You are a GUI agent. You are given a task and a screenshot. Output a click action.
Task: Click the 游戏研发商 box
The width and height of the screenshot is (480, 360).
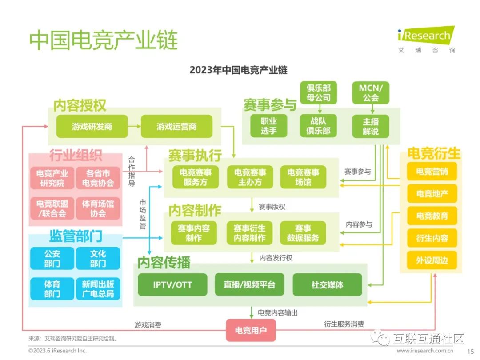tap(92, 127)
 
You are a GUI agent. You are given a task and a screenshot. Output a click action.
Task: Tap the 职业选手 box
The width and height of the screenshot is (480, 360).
tap(268, 126)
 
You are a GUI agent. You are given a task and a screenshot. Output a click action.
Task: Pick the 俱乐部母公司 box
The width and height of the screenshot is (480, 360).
tap(318, 92)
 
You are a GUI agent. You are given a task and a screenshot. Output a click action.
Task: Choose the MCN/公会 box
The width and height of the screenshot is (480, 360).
tap(370, 92)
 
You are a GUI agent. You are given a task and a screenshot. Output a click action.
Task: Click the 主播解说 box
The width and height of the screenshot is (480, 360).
tap(370, 126)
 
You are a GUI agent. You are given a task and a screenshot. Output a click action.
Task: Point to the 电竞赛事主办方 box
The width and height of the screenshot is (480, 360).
tap(250, 177)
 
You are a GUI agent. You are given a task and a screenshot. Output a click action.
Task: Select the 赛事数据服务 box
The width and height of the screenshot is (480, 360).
tap(303, 233)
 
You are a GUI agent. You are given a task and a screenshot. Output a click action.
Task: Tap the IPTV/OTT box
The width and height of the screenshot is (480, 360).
tap(172, 284)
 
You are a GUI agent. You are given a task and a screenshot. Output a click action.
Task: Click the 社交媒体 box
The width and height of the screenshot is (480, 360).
tap(327, 284)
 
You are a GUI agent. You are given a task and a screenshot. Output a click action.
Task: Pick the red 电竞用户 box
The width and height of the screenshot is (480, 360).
tap(251, 330)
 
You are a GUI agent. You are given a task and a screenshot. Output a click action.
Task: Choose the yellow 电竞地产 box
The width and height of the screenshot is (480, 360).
tap(432, 193)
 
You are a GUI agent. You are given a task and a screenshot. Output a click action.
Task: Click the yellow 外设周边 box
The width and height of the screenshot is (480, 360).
tap(432, 260)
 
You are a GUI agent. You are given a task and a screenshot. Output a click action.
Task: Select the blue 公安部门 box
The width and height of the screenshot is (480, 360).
tap(52, 258)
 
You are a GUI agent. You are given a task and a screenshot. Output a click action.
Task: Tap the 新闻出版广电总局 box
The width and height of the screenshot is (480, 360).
tap(98, 289)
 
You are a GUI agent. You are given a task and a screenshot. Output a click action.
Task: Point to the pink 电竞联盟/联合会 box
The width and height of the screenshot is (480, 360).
tap(52, 208)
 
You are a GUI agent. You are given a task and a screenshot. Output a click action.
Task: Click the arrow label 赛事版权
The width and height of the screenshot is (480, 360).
tap(272, 207)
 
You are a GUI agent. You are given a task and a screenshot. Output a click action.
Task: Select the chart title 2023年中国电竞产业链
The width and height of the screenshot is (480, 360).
tap(238, 70)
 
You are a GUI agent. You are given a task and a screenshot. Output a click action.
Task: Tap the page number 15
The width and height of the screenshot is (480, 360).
tap(470, 351)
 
